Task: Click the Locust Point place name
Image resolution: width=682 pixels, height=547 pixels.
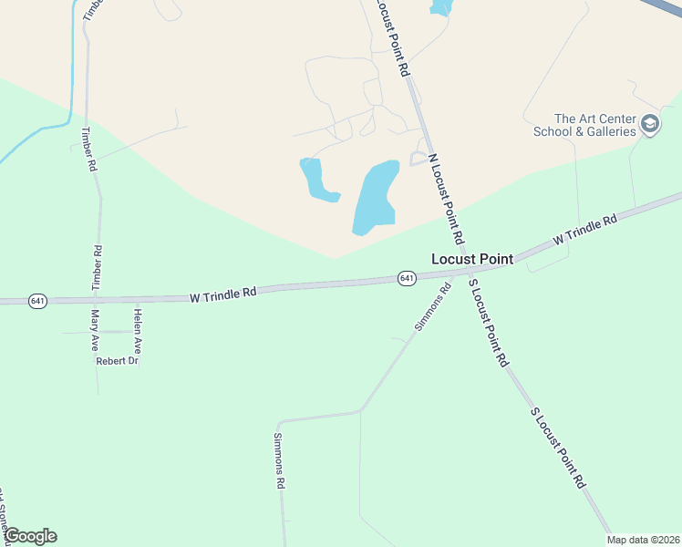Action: [x=471, y=259]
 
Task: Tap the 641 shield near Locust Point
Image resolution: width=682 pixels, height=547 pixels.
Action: [x=407, y=278]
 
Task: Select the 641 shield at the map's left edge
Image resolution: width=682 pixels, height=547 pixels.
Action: [x=37, y=301]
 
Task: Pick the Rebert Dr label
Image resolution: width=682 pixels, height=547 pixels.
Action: [x=117, y=362]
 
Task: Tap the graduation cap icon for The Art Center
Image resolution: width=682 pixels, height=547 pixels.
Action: [x=650, y=124]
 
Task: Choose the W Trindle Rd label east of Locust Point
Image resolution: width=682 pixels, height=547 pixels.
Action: [x=585, y=231]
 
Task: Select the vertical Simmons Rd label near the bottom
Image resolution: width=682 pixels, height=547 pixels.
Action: [x=280, y=460]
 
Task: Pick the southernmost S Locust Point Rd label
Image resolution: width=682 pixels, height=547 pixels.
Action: [x=558, y=449]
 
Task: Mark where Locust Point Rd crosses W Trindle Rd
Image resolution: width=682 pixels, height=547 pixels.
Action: [x=466, y=271]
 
